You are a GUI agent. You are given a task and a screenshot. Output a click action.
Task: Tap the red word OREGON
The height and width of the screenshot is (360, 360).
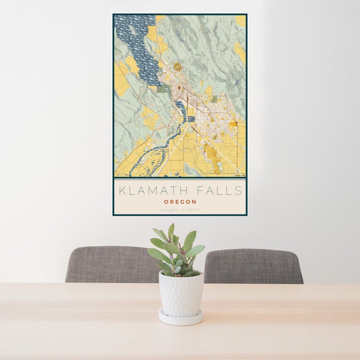click(180, 202)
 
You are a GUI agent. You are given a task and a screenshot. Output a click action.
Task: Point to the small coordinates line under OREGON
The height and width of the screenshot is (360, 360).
click(180, 209)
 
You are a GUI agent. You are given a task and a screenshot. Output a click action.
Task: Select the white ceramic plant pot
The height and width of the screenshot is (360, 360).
click(181, 293)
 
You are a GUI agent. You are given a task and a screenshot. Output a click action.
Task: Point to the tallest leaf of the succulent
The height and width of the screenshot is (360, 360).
click(171, 231)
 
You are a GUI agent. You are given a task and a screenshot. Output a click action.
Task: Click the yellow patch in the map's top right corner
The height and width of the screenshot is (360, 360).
click(241, 21)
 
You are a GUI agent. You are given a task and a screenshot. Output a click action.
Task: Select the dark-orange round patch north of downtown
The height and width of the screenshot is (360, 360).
click(178, 67)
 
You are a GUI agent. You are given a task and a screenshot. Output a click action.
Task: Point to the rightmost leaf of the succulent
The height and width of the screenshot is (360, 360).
click(197, 250)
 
